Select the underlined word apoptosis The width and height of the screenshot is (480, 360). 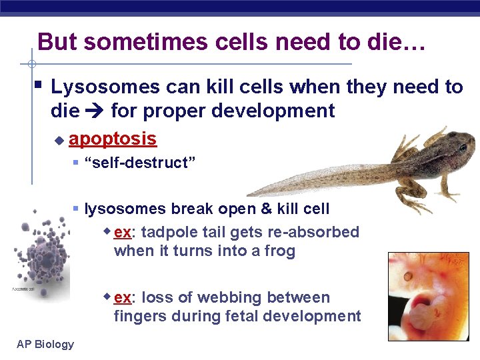tap(113, 139)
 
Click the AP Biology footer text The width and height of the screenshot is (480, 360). tap(45, 344)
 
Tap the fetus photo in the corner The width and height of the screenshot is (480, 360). tap(429, 296)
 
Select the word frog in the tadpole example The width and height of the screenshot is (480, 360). tap(277, 251)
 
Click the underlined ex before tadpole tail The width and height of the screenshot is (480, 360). tap(122, 232)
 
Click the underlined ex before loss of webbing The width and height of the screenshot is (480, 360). tap(122, 297)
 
